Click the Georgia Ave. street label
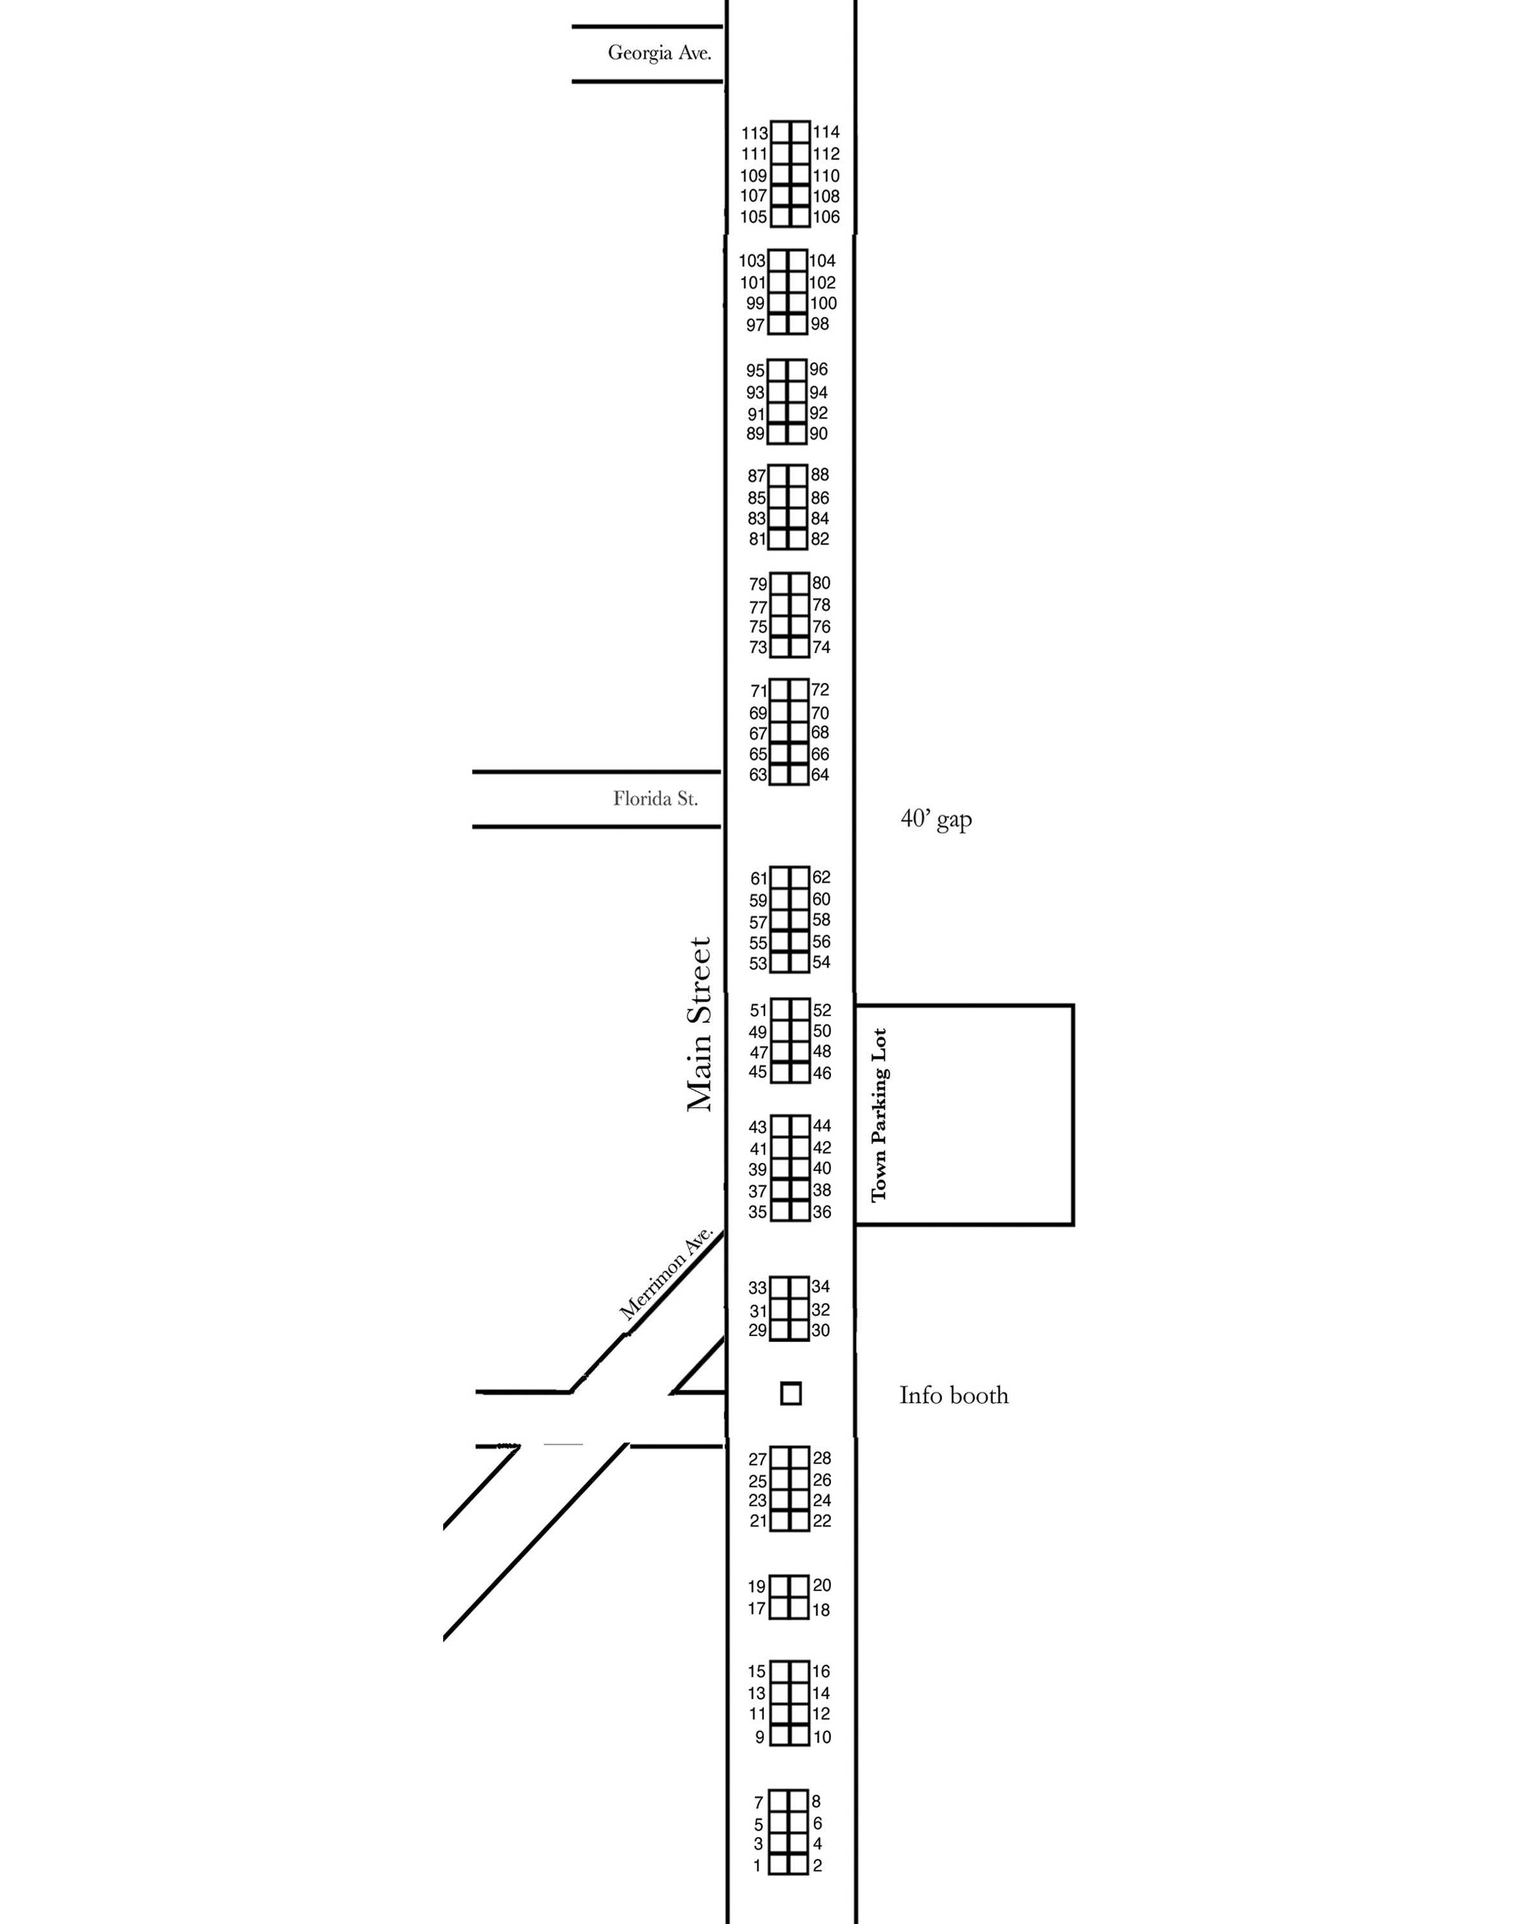coord(659,53)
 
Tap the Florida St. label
coord(655,798)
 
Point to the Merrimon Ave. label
coord(666,1274)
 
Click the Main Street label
coord(700,1024)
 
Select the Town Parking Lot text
coord(880,1115)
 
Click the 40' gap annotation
coord(936,819)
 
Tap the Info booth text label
coord(954,1395)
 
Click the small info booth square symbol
coord(791,1393)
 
